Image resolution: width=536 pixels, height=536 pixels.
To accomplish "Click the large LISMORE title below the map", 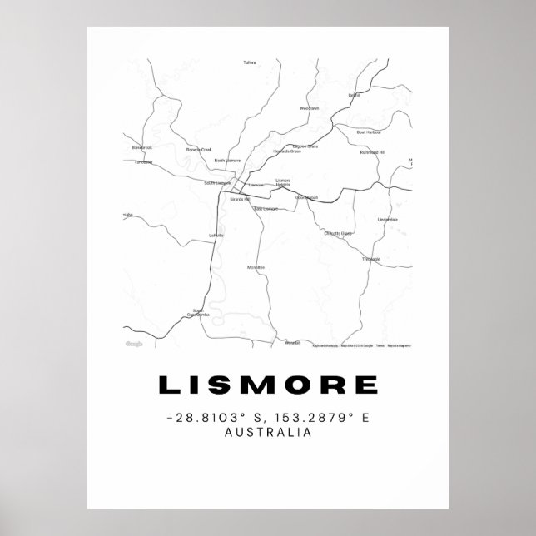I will [x=267, y=385].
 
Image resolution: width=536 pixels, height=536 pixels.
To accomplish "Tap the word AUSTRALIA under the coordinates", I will [x=267, y=432].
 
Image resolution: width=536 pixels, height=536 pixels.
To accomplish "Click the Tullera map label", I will [x=250, y=62].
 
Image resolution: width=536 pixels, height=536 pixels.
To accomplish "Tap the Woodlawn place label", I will [x=309, y=108].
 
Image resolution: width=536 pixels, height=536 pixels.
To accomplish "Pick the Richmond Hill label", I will [x=372, y=153].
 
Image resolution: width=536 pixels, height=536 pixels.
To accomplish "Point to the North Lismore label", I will [x=227, y=160].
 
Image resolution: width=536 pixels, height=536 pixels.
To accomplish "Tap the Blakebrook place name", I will [x=142, y=147].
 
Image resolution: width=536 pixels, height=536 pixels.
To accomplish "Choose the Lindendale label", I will [x=388, y=220].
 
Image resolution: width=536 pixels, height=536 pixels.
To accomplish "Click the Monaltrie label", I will [x=256, y=267].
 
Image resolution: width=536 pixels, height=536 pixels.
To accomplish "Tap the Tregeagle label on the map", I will [x=370, y=259].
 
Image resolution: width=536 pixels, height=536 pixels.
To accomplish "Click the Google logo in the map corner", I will [x=134, y=344].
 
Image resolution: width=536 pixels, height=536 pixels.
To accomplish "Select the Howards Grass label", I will [x=283, y=153].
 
